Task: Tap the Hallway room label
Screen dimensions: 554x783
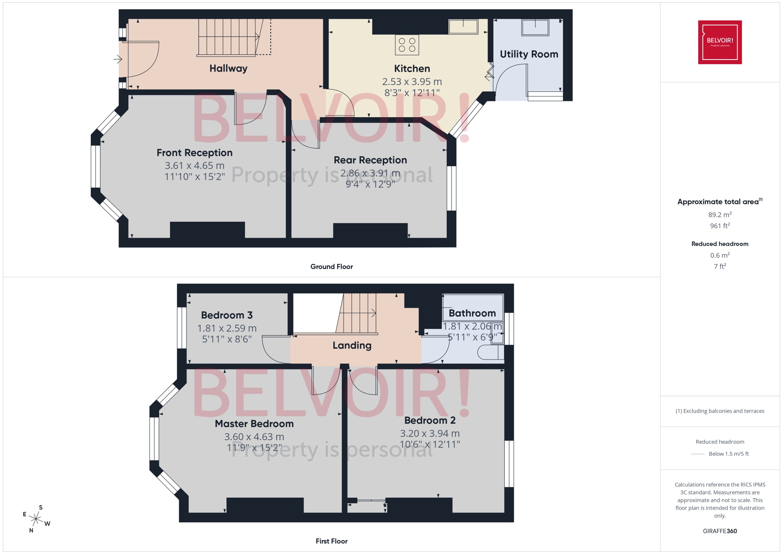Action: (228, 69)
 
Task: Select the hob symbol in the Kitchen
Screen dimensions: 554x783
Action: (407, 45)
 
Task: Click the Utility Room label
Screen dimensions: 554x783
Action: (529, 54)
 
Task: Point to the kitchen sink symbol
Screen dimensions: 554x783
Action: (463, 27)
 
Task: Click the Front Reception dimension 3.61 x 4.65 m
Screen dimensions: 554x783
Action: (194, 166)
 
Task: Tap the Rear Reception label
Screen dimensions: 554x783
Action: (370, 160)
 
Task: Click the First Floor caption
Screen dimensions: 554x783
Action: (331, 541)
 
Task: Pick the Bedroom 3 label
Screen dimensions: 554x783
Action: (227, 315)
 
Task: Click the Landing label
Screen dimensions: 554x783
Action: (352, 346)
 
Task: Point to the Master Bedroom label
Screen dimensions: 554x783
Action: (254, 424)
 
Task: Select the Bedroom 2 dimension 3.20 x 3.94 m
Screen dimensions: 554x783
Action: (430, 434)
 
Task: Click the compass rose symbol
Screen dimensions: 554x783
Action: (36, 519)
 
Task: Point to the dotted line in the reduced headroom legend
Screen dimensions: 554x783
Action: (698, 454)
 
